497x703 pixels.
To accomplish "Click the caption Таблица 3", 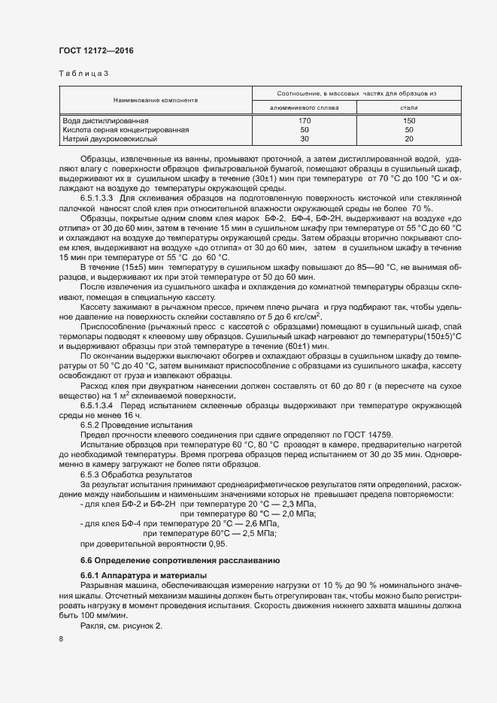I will (x=83, y=73).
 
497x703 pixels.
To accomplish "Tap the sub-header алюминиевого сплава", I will (x=304, y=108).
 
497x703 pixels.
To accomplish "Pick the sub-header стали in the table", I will (x=409, y=108).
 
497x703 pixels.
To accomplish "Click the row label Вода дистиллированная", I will (x=105, y=120).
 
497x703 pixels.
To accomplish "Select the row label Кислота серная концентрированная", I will (x=125, y=129).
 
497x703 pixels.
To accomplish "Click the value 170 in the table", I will (x=305, y=120).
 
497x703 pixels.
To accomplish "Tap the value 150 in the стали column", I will (x=409, y=120).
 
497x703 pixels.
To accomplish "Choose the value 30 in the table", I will (x=305, y=138).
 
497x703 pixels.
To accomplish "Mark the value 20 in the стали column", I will (x=409, y=138).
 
